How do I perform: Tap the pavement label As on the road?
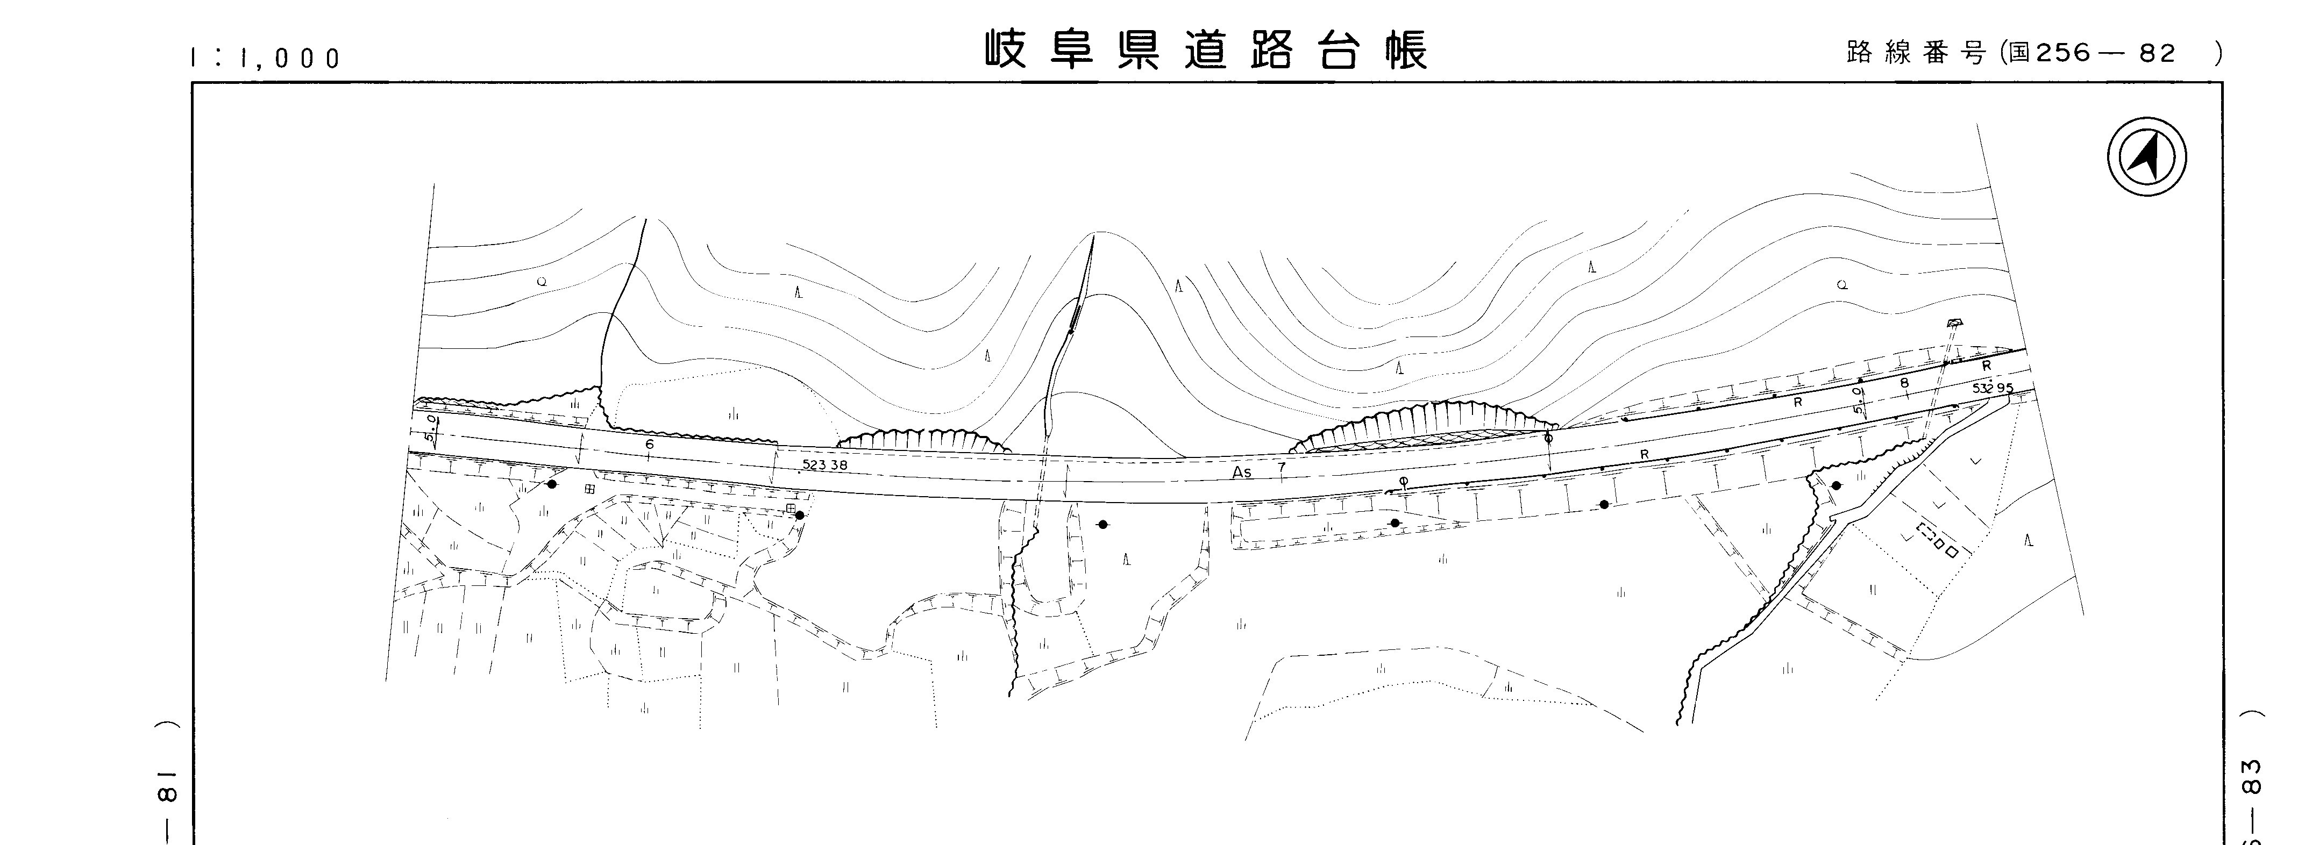[x=1241, y=472]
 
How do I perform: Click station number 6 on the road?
[x=650, y=443]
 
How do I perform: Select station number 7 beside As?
[x=1282, y=467]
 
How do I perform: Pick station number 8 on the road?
[x=1904, y=383]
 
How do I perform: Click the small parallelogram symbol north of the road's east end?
[x=1953, y=323]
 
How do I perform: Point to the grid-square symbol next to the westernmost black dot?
[x=589, y=489]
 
